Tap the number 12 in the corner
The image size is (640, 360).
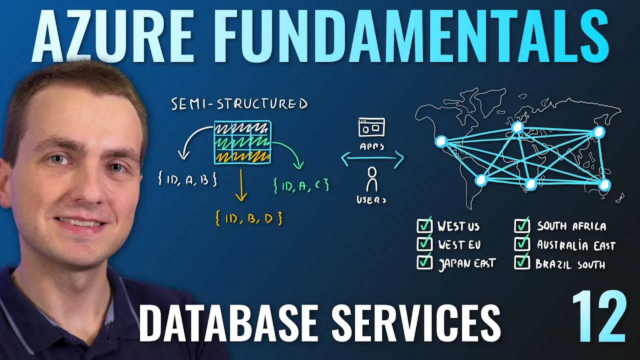pyautogui.click(x=598, y=317)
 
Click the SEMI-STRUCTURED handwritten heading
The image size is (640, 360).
pyautogui.click(x=239, y=104)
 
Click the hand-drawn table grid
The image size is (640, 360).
pyautogui.click(x=242, y=142)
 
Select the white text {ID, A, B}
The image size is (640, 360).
pyautogui.click(x=186, y=180)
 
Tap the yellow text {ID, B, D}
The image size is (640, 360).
pyautogui.click(x=248, y=218)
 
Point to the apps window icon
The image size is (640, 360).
pyautogui.click(x=371, y=127)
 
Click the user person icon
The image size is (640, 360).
pyautogui.click(x=371, y=179)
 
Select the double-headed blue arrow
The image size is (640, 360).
pyautogui.click(x=372, y=159)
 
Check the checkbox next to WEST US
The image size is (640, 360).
pyautogui.click(x=424, y=226)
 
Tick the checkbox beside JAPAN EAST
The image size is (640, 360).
pyautogui.click(x=424, y=262)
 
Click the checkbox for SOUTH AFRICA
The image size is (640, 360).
pyautogui.click(x=521, y=226)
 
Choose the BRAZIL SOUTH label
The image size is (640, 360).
pyautogui.click(x=570, y=264)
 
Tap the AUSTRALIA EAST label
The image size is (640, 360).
pyautogui.click(x=576, y=245)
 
